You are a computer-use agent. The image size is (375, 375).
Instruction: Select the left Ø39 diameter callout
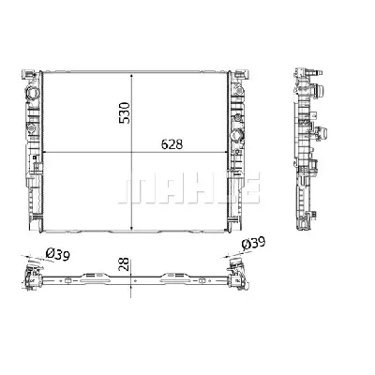click(x=58, y=253)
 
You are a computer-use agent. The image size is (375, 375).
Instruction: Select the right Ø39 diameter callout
click(x=255, y=246)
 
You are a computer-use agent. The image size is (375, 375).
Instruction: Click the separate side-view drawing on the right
click(x=310, y=150)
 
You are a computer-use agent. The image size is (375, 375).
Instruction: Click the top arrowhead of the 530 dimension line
click(x=132, y=72)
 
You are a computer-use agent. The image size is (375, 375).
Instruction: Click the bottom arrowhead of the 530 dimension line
click(x=132, y=230)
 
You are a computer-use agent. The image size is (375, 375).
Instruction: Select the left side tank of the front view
click(x=35, y=150)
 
